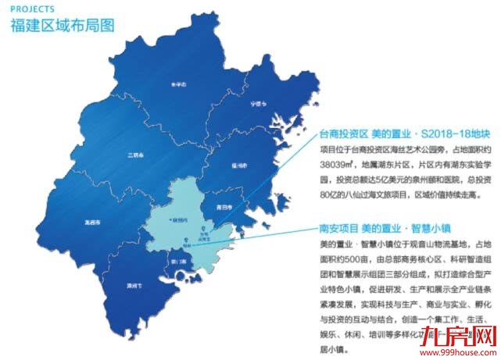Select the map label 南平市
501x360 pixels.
click(x=179, y=85)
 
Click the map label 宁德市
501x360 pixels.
click(x=249, y=103)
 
